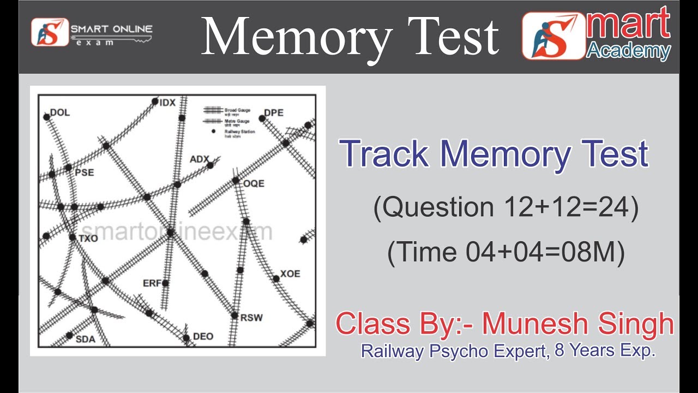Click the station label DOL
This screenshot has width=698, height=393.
60,113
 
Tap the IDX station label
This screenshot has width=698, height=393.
167,102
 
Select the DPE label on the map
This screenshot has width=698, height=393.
274,113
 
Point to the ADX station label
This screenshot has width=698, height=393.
199,159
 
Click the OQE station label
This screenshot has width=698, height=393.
254,183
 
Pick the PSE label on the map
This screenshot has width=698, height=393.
85,172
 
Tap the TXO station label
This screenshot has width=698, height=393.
88,239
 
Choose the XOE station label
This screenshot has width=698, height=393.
290,273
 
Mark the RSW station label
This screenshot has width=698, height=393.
251,318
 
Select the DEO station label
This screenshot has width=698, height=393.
203,336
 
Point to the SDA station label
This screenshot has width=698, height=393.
85,339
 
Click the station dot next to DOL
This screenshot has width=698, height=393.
47,116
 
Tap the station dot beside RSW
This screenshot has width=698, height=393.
234,315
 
